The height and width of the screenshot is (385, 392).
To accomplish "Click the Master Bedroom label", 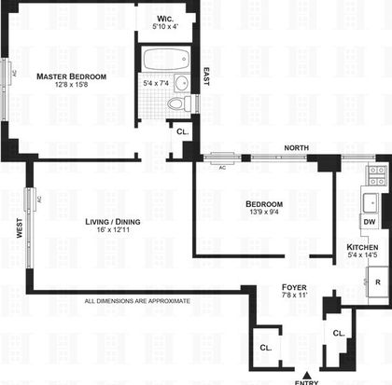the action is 71,76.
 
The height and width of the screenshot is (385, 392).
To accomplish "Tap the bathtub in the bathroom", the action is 166,59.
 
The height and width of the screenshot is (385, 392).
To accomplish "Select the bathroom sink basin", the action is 182,83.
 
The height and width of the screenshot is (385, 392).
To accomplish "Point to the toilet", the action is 179,103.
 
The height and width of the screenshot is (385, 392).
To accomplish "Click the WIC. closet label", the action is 165,19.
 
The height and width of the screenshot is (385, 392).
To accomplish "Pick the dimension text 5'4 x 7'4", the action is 156,83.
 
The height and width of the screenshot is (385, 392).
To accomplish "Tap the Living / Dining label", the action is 113,222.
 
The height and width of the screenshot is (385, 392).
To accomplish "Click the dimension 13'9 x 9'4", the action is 264,212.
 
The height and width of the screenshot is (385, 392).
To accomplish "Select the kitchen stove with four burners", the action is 376,175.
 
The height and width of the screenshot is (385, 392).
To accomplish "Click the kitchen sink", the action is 371,203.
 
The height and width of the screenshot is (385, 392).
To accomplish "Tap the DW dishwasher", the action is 370,222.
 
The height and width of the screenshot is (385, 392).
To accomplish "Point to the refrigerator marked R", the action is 377,282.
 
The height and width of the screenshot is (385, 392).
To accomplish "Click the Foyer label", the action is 294,287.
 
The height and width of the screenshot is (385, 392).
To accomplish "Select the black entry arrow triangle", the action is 307,375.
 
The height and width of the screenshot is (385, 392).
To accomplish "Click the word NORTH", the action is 297,148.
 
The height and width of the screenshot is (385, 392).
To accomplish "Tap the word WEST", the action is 20,228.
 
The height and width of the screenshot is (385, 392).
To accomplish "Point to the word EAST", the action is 206,76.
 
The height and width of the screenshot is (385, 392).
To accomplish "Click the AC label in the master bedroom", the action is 14,74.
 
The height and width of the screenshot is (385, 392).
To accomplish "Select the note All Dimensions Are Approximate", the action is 137,301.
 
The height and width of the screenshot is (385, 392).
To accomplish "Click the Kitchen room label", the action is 362,247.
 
